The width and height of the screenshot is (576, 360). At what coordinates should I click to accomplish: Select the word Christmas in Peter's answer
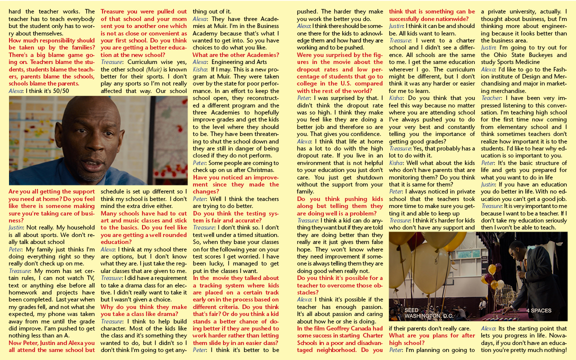(x=259, y=169)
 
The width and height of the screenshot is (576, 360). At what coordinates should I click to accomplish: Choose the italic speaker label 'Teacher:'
(x=491, y=98)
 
